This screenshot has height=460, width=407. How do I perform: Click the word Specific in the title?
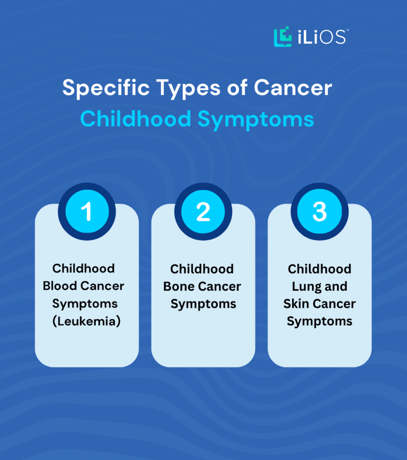click(x=100, y=88)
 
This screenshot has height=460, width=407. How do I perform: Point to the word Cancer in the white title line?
click(x=293, y=88)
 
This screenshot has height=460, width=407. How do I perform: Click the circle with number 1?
click(x=87, y=212)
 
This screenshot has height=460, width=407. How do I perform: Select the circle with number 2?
click(x=203, y=212)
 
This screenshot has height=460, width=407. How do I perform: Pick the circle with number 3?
click(x=319, y=212)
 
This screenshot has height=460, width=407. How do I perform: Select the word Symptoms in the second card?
click(x=203, y=304)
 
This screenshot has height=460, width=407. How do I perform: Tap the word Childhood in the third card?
click(x=319, y=269)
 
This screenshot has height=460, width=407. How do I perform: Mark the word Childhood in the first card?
click(x=84, y=269)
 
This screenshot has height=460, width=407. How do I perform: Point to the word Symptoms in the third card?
click(x=319, y=322)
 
